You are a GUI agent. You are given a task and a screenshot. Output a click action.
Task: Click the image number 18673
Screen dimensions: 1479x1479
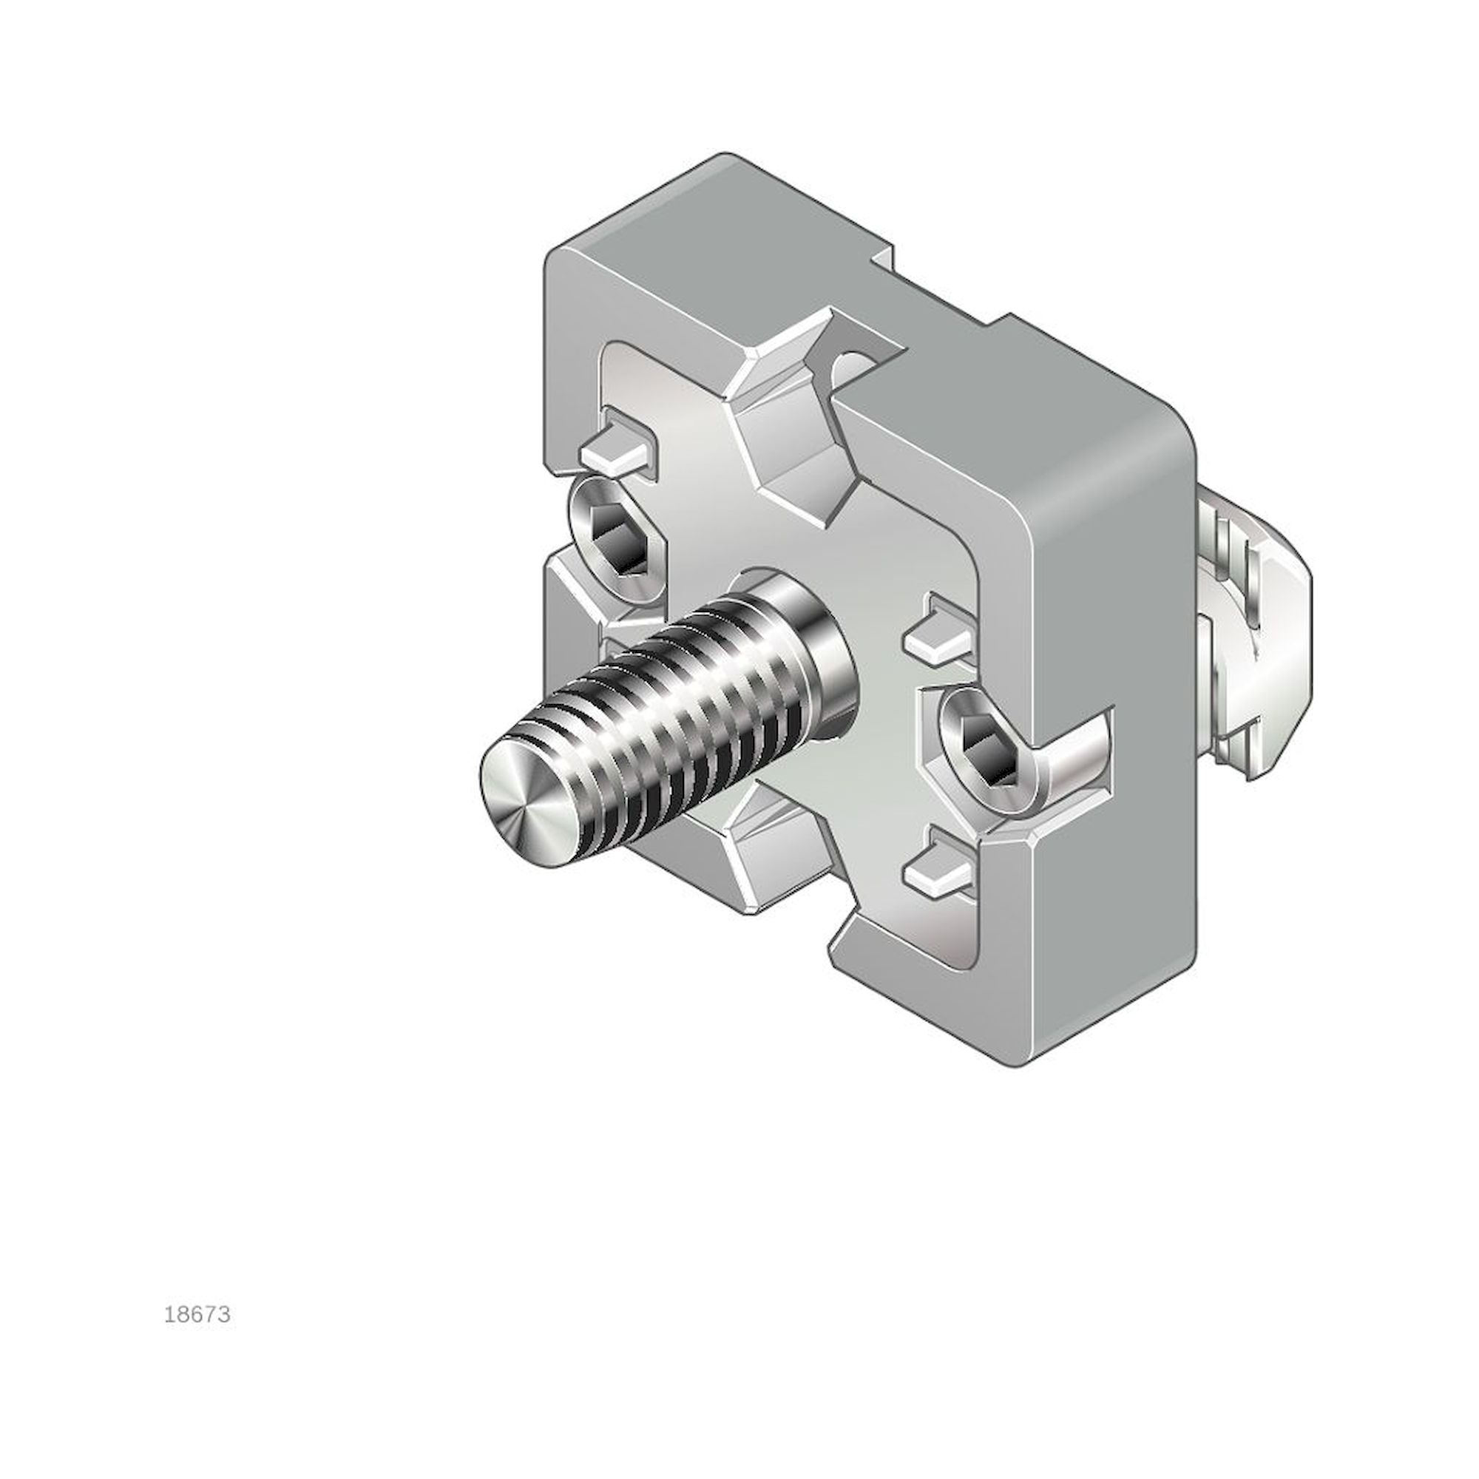click(197, 1315)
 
